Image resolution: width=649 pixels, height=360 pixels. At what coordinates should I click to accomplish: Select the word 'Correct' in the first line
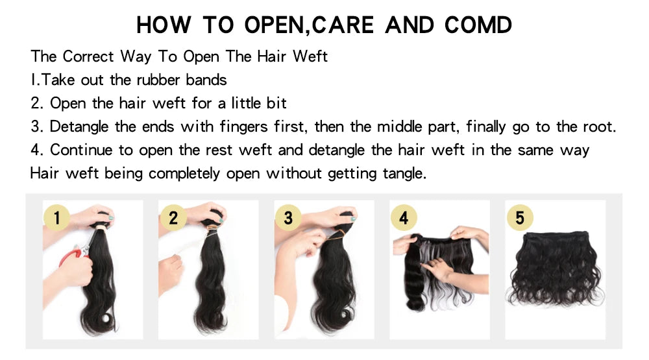88,56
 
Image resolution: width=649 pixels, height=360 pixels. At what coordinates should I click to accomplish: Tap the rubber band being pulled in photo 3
331,236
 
